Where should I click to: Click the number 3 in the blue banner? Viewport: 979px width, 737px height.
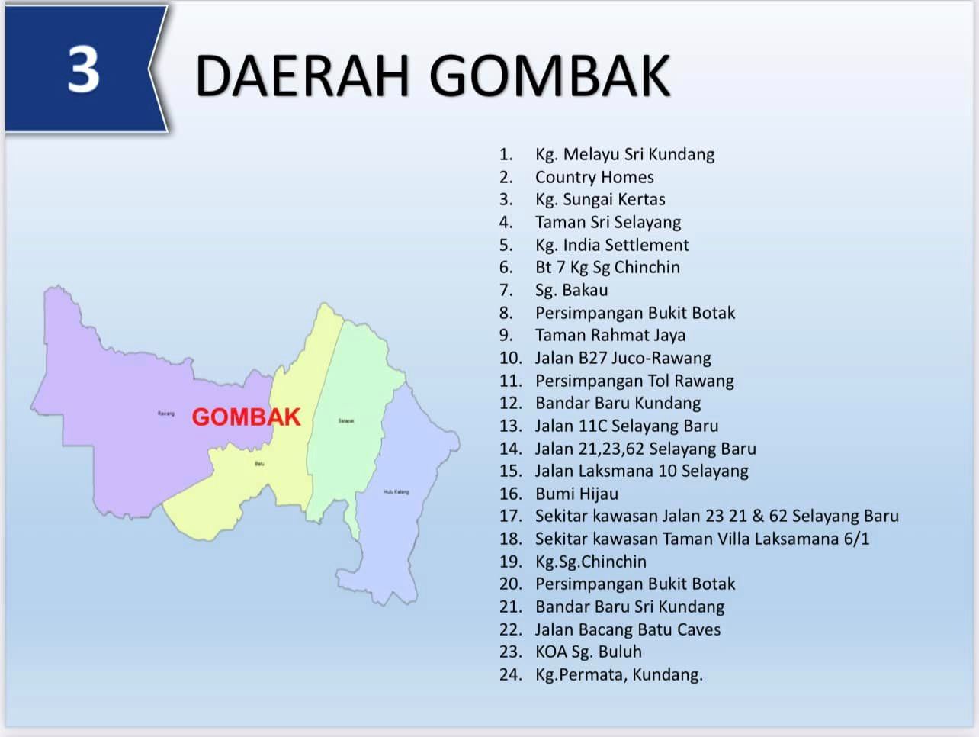pos(83,69)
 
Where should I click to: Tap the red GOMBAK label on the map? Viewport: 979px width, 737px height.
pos(246,417)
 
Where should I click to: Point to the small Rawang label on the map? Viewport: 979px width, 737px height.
pos(166,414)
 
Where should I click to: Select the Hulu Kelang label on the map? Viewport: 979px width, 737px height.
pos(396,492)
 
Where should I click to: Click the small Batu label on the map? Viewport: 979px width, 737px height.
pos(259,464)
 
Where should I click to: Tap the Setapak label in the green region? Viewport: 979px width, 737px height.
pos(345,421)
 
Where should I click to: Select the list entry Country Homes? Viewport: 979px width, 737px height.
pos(594,177)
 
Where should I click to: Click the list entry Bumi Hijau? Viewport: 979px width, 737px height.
pos(576,494)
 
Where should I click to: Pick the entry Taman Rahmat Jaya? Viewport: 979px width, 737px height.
pos(610,335)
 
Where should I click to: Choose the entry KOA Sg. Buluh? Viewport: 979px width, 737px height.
pos(588,652)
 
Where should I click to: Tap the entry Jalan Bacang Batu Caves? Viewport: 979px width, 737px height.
pos(628,629)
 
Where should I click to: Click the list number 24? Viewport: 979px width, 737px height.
pos(510,674)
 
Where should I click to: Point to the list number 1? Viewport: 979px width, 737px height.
pos(506,155)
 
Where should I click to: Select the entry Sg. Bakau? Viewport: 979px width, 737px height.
pos(571,290)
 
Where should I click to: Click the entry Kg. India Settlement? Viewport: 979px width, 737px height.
pos(611,245)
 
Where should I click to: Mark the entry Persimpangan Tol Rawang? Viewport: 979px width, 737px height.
pos(634,381)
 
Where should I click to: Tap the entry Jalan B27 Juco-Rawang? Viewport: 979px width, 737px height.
pos(623,358)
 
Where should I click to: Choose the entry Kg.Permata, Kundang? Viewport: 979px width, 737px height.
pos(618,674)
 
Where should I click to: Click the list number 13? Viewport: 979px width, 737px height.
pos(510,426)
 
